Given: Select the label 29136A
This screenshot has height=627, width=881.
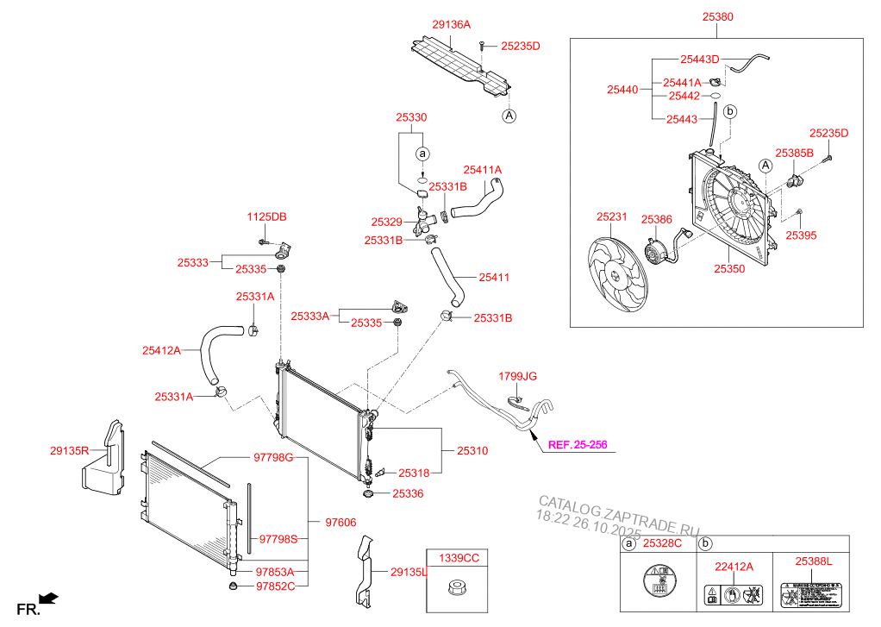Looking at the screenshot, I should pos(451,25).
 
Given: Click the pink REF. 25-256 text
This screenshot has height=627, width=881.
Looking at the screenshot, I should pos(578,445).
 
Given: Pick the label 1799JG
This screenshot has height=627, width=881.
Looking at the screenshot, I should pos(517,376).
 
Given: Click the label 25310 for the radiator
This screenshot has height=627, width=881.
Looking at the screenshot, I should pos(472,450).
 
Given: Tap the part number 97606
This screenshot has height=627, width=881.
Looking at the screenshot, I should pos(341,522).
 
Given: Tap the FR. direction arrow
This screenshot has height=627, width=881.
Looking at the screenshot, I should pos(49,596).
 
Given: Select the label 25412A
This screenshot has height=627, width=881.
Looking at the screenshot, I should pos(161,350).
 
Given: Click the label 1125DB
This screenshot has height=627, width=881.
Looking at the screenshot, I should pos(266,216).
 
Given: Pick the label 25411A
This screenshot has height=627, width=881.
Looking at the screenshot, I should pos(482,170).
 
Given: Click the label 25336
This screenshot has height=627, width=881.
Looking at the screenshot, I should pos(408,493).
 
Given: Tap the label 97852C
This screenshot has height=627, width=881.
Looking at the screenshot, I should pos(276,586).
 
